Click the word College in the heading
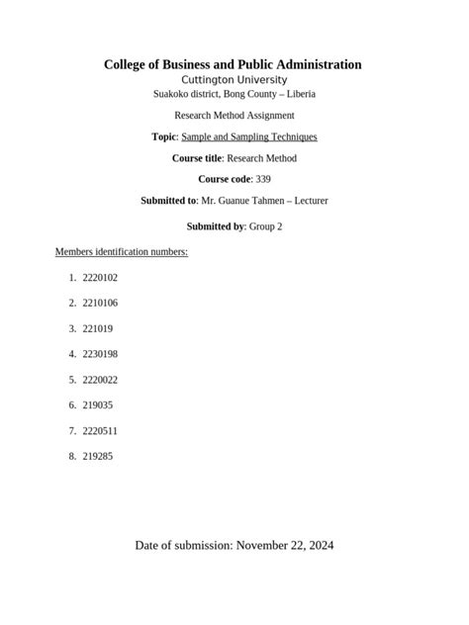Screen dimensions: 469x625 [x=130, y=64]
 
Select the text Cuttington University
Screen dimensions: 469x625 [x=234, y=79]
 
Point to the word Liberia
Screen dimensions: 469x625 [x=299, y=94]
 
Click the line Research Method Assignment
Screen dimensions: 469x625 [x=234, y=116]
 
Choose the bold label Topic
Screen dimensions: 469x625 [x=161, y=136]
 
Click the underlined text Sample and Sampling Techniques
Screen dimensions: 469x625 [x=249, y=136]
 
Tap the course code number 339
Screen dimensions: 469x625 [x=262, y=179]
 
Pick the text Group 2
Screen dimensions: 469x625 [x=266, y=226]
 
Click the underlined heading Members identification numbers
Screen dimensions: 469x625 [x=122, y=252]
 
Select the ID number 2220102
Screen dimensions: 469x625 [x=100, y=278]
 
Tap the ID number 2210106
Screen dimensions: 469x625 [x=100, y=303]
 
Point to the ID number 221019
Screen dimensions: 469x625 [x=98, y=328]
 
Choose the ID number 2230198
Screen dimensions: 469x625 [x=100, y=353]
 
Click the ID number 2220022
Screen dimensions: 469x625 [x=100, y=379]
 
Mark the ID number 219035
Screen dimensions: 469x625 [x=98, y=404]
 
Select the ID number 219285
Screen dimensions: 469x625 [x=98, y=456]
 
